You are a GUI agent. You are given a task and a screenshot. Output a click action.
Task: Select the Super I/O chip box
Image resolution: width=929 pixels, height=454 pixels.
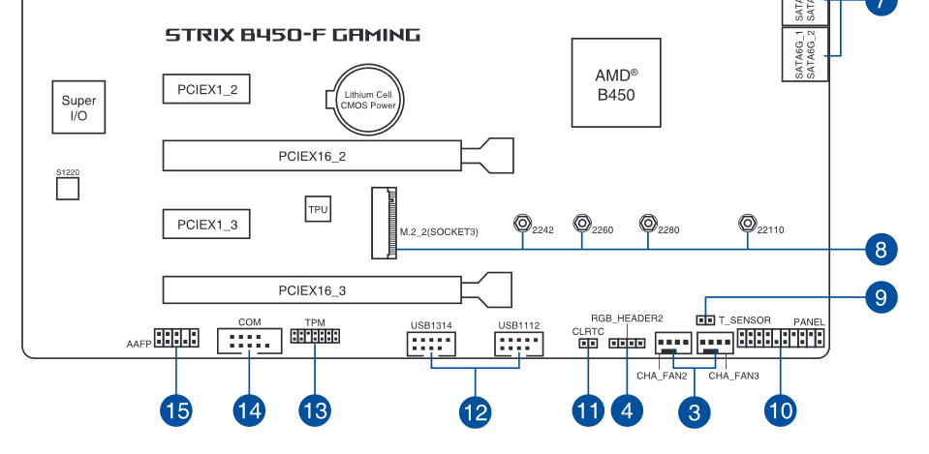tap(78, 106)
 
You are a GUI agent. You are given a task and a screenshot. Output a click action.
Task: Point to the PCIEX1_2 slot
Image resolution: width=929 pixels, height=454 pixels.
tap(206, 90)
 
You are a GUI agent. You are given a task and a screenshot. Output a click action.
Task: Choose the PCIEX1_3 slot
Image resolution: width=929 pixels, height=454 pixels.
tap(206, 225)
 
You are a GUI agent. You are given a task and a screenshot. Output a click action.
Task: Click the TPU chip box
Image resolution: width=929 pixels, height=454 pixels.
tap(318, 209)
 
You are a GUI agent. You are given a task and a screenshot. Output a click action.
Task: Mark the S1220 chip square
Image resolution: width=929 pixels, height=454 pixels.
tap(67, 188)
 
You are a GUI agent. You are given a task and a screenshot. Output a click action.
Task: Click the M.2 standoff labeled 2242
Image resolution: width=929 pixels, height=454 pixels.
tap(522, 224)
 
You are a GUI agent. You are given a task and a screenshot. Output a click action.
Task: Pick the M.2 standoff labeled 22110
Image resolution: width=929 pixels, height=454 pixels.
tap(747, 224)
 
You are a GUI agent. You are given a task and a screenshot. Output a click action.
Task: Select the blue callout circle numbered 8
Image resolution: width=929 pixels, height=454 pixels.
tap(880, 250)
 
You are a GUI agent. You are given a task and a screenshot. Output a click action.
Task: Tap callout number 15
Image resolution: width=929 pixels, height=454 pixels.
tap(176, 410)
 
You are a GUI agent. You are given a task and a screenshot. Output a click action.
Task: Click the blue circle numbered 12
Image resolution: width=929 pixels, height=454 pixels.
tap(474, 411)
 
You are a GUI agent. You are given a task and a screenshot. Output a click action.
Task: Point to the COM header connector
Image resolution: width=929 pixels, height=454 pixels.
tap(249, 341)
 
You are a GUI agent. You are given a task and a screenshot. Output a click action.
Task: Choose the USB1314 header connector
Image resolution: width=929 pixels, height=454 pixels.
tap(430, 345)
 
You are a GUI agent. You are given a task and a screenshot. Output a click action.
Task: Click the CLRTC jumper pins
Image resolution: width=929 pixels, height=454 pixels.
tap(588, 342)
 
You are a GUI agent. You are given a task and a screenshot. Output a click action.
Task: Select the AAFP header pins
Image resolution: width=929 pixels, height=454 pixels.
tap(176, 339)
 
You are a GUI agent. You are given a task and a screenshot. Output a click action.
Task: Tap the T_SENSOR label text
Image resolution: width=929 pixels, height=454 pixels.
tap(744, 319)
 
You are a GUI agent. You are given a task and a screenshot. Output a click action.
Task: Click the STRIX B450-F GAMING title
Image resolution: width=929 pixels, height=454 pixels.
tap(293, 36)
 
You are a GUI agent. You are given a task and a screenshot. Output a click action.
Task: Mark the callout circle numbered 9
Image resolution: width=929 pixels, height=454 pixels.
tap(880, 296)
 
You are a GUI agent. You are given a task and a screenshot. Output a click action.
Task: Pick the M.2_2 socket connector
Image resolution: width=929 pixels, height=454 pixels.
tap(386, 223)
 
